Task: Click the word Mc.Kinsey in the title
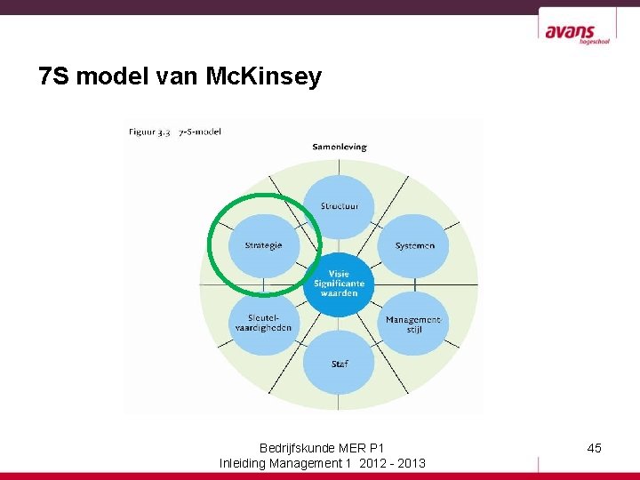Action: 263,78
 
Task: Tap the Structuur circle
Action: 339,207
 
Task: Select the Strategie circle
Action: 263,245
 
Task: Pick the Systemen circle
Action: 414,245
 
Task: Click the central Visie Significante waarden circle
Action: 339,284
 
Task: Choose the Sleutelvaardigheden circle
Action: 263,323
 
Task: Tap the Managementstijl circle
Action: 413,323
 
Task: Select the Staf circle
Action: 339,363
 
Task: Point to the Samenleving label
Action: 339,147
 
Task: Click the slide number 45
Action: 595,448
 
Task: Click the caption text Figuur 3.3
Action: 149,132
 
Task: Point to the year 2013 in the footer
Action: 411,463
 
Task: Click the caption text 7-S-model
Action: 200,132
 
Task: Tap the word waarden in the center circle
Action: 339,293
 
